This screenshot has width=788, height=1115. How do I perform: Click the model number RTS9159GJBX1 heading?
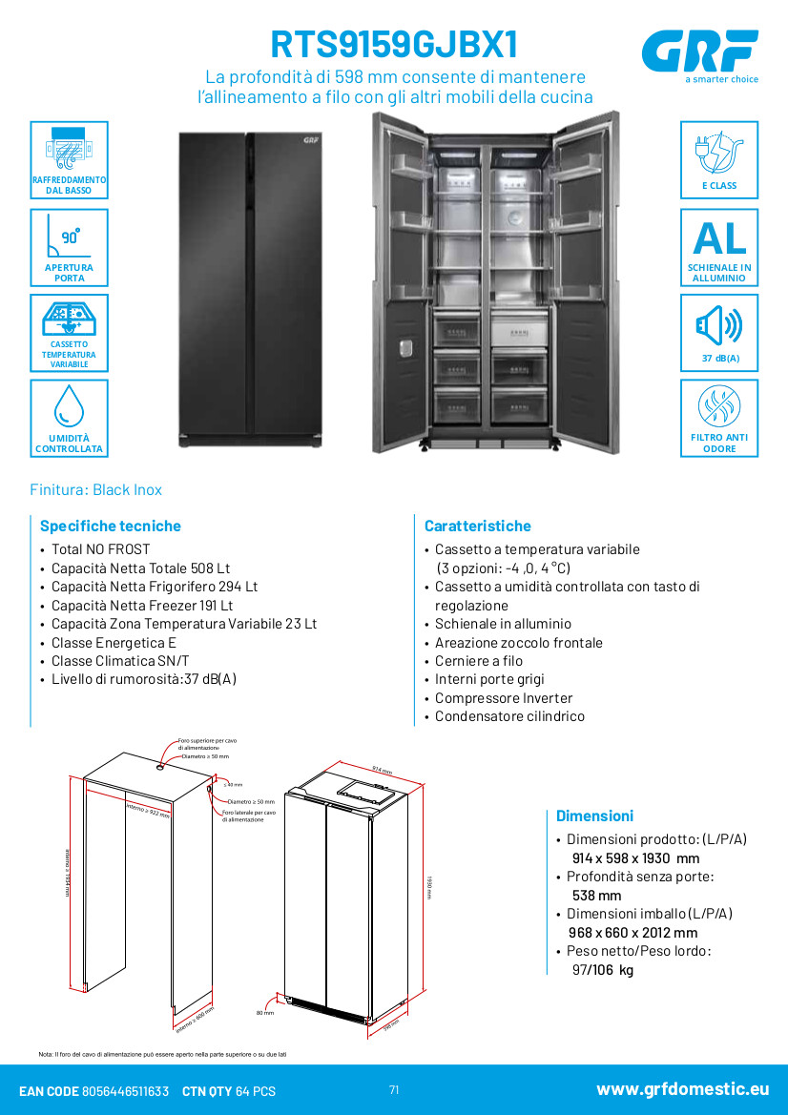[x=396, y=45]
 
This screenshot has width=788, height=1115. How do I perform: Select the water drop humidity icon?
[x=69, y=404]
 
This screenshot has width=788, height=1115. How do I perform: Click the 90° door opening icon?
[x=69, y=237]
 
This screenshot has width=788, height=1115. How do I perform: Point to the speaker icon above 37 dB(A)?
[x=718, y=326]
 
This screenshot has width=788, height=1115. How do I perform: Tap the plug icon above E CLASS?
[x=718, y=153]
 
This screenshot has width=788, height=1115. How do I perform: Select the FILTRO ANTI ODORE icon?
[x=718, y=408]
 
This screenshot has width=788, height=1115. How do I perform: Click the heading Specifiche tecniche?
[x=110, y=526]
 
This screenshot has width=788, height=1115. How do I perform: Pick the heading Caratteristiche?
[x=477, y=526]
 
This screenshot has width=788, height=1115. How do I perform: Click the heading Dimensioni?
[x=594, y=816]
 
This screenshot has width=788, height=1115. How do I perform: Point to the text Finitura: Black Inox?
[x=95, y=489]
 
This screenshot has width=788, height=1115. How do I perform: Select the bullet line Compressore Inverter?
[x=504, y=698]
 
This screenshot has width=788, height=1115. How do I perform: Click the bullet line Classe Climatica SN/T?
[x=120, y=661]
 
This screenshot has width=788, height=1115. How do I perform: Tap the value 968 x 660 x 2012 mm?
[x=634, y=933]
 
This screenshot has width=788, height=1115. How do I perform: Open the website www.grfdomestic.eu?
[x=682, y=1089]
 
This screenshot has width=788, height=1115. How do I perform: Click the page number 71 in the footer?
[x=394, y=1090]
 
